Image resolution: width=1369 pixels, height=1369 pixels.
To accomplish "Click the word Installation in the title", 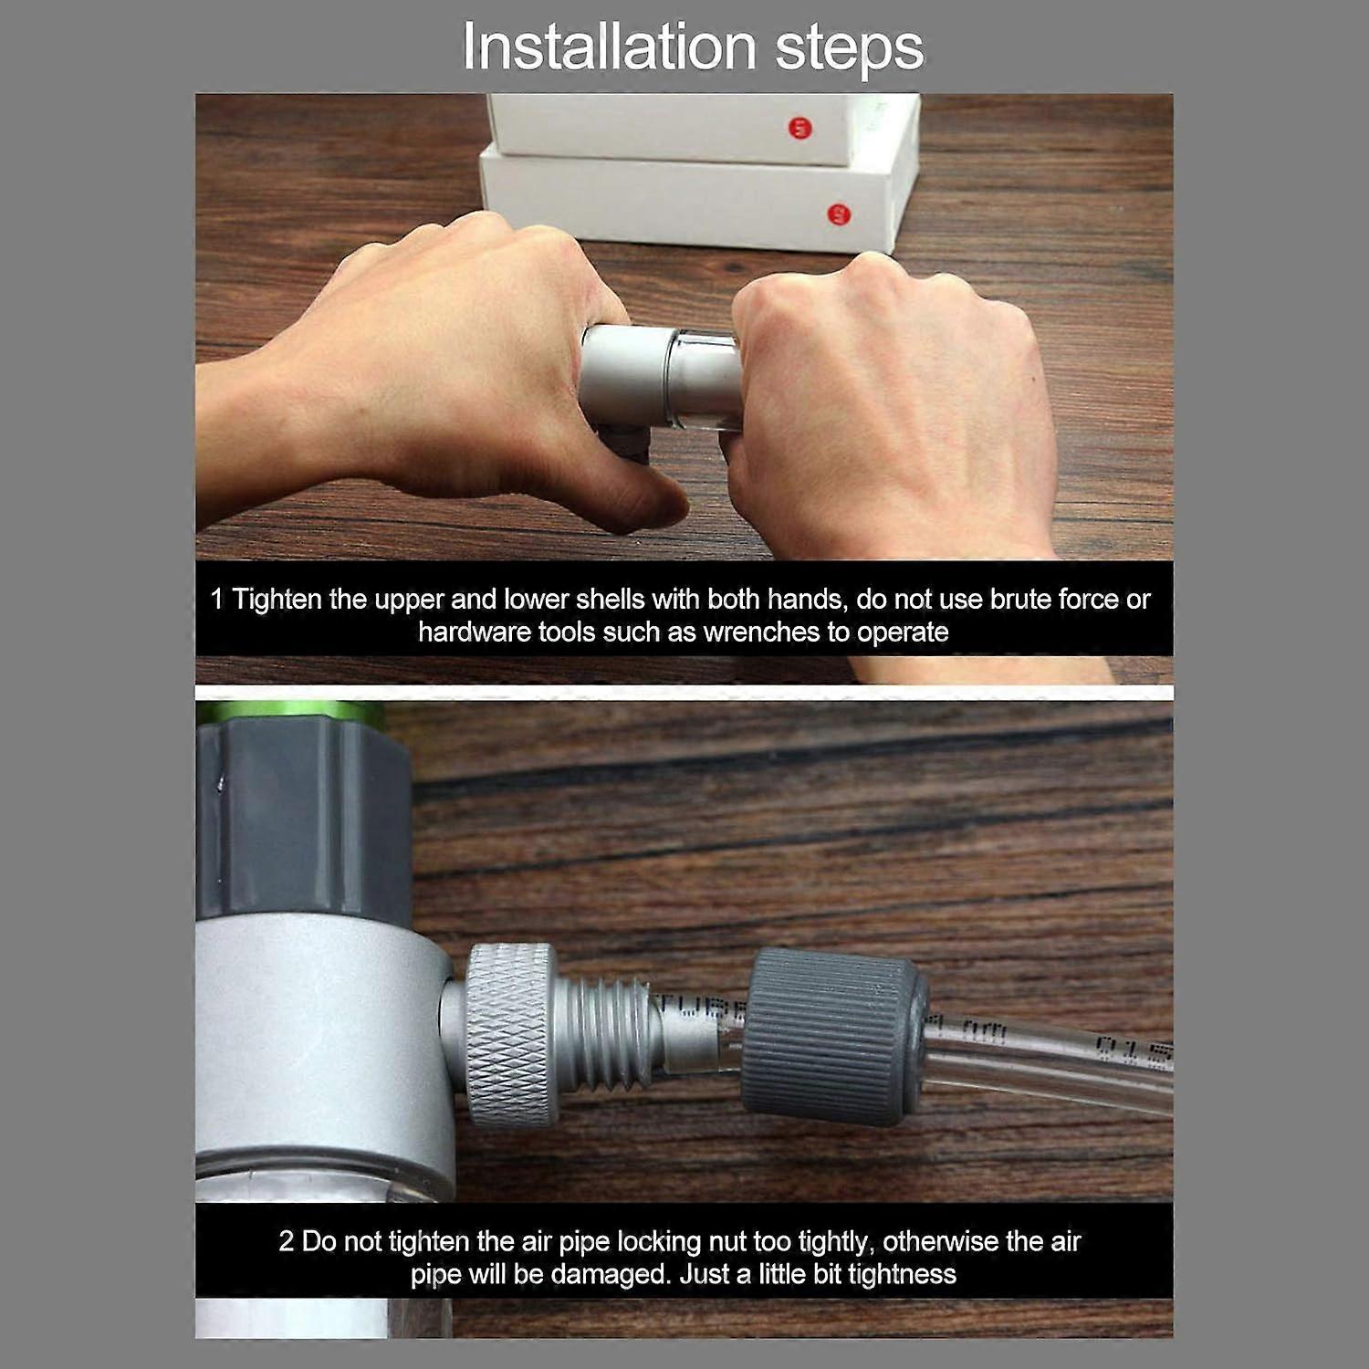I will coord(609,47).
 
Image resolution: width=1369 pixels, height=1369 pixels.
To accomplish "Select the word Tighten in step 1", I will coord(277,600).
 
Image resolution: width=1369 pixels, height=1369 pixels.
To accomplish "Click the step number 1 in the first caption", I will coord(216,600).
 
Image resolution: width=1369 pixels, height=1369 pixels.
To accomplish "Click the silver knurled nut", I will coord(509,1035).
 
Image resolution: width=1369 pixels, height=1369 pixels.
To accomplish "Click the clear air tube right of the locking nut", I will coord(1050,1063).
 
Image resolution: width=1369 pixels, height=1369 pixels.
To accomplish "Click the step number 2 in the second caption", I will coord(286,1241).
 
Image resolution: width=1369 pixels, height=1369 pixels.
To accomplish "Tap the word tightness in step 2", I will coord(902,1274).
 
